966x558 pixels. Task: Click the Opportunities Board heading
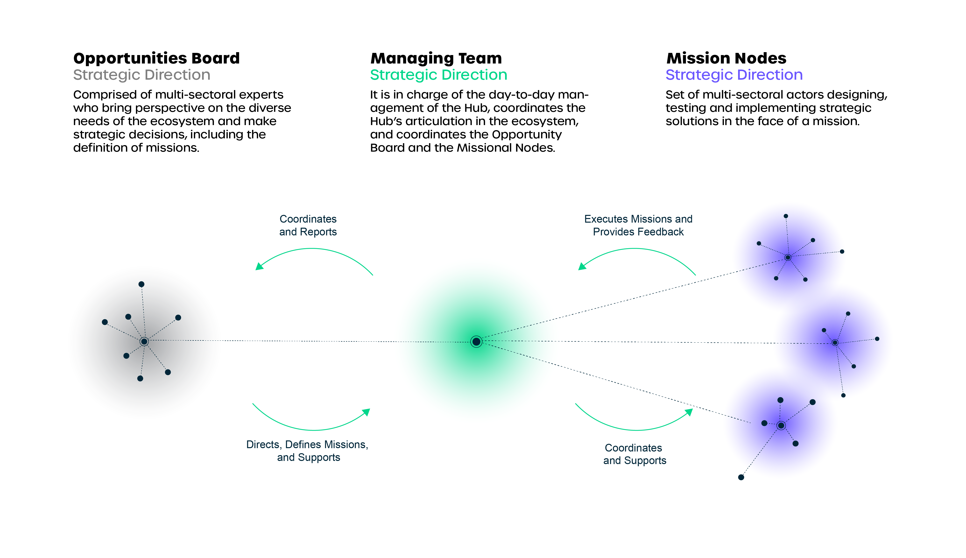(x=156, y=58)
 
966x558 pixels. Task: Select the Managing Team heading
(x=436, y=58)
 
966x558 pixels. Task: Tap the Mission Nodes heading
(x=726, y=58)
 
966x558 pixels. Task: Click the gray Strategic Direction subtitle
(x=142, y=75)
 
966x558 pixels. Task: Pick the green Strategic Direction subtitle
(x=438, y=75)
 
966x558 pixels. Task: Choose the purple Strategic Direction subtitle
(x=734, y=75)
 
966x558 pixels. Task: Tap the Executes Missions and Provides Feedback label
(x=638, y=225)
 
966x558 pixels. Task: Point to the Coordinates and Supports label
(x=634, y=454)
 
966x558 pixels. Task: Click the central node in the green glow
(x=476, y=341)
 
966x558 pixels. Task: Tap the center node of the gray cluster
(x=144, y=341)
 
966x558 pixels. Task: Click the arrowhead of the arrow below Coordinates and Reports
(x=259, y=266)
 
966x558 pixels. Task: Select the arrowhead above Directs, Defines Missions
(x=366, y=412)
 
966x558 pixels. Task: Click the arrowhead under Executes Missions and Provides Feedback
(x=582, y=266)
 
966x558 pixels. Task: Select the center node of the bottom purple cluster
(x=781, y=425)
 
